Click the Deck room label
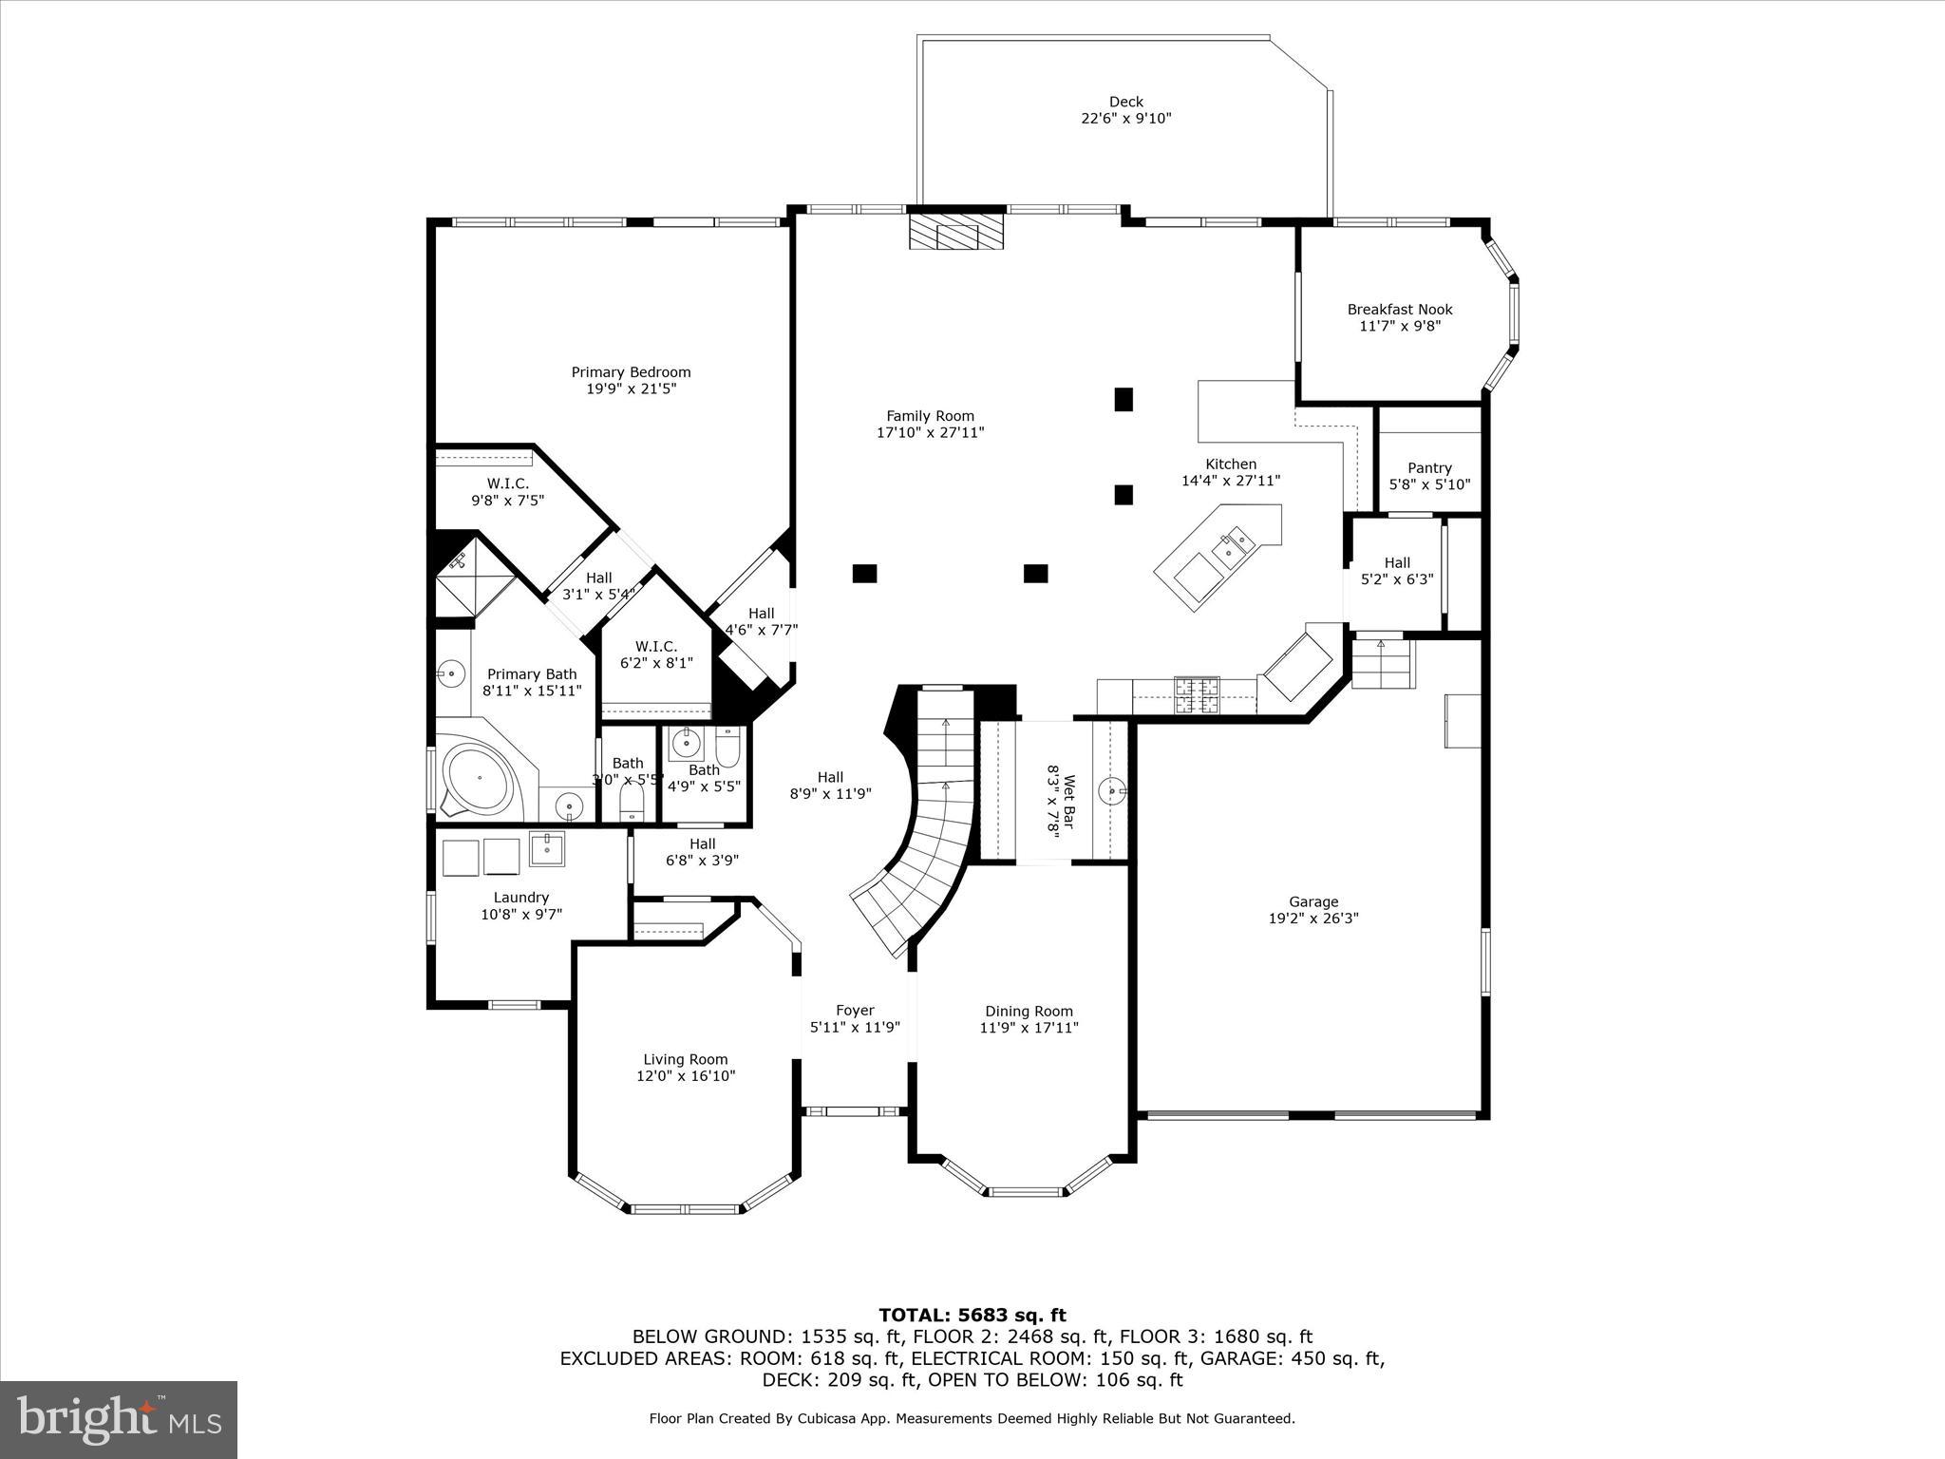(1125, 102)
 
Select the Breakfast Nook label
(1399, 310)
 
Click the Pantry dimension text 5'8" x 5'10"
(1429, 484)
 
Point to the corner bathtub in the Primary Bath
(480, 777)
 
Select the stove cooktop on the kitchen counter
(1196, 694)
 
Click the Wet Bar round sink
(1111, 788)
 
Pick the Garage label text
(1313, 902)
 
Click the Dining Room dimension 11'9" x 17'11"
(1029, 1028)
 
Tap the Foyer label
(855, 1011)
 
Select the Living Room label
(685, 1060)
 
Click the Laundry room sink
(546, 848)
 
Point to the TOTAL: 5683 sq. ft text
(972, 1316)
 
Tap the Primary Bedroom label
(631, 372)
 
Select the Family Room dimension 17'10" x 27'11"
(930, 433)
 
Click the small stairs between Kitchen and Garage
(1383, 663)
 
